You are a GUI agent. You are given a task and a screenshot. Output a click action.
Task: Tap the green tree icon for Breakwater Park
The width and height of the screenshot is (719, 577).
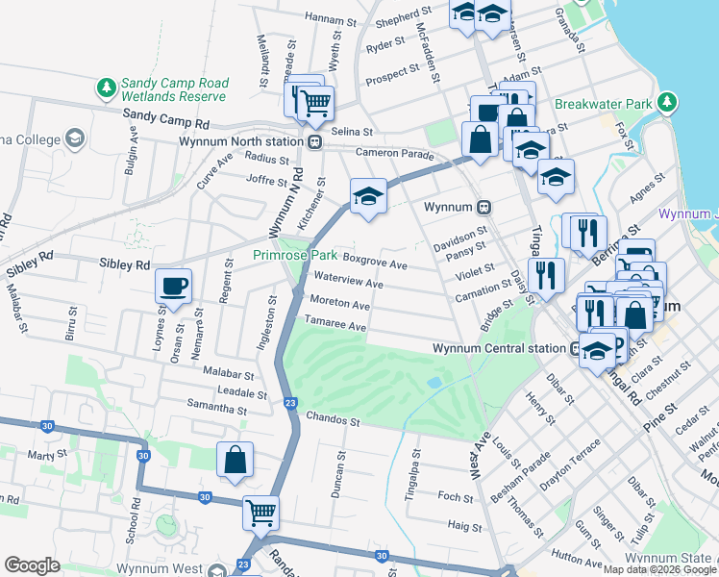click(665, 102)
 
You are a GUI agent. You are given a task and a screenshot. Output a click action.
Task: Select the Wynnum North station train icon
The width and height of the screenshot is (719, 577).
click(314, 141)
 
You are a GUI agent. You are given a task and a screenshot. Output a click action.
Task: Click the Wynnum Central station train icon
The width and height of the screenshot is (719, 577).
click(574, 348)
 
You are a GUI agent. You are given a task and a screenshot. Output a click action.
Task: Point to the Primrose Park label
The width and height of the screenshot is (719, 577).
click(295, 256)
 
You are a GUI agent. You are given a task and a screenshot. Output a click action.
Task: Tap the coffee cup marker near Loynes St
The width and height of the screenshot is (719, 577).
click(173, 286)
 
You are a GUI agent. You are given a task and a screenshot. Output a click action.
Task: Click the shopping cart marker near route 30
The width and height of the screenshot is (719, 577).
click(260, 513)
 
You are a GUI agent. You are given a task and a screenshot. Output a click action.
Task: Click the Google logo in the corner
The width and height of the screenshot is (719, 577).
click(32, 565)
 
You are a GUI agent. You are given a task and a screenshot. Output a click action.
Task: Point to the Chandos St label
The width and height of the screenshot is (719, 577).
click(333, 420)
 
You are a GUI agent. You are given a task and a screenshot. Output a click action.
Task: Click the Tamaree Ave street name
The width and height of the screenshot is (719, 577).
click(337, 328)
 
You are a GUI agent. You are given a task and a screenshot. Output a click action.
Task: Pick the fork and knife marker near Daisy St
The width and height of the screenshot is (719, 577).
click(546, 275)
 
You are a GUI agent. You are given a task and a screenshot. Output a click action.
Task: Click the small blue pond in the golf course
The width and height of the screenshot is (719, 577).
click(434, 382)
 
